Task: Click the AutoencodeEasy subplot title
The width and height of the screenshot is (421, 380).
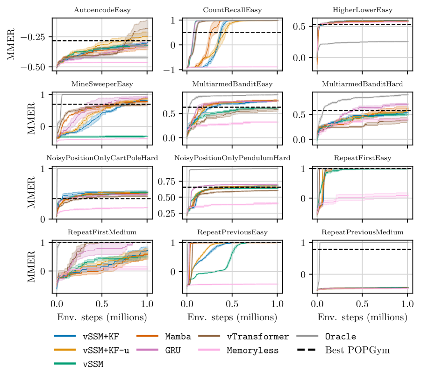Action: (102, 10)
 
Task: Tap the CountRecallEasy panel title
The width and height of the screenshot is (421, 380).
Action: (232, 10)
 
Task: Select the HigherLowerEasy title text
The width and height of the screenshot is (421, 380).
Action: (362, 10)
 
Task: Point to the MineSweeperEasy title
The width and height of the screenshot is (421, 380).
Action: (102, 84)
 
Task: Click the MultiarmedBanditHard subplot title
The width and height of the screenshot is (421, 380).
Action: (362, 84)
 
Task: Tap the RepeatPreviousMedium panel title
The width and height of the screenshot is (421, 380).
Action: (362, 232)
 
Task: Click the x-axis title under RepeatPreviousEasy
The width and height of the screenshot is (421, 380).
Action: (232, 318)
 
